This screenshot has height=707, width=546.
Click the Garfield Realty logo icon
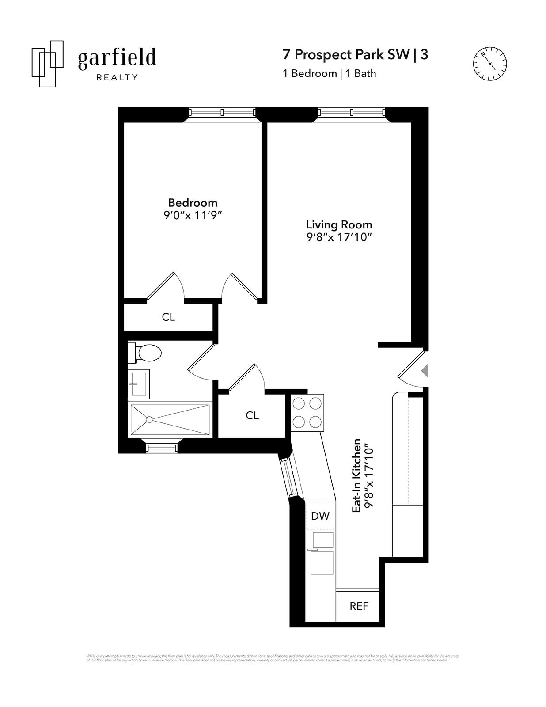[47, 64]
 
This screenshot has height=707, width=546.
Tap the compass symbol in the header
[490, 64]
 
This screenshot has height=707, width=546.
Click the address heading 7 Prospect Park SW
[346, 54]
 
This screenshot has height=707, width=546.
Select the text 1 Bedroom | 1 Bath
[329, 73]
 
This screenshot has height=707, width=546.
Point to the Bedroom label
[193, 203]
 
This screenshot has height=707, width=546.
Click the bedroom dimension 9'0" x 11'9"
[193, 216]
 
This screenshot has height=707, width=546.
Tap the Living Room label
[339, 224]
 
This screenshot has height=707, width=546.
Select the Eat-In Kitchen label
[356, 475]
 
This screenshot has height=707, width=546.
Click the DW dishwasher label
[320, 516]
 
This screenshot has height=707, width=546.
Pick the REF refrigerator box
[358, 606]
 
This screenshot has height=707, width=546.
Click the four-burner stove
[307, 413]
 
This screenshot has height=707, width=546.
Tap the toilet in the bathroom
[146, 353]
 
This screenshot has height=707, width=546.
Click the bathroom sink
[139, 384]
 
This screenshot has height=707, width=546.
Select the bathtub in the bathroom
[170, 419]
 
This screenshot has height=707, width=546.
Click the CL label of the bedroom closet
[168, 317]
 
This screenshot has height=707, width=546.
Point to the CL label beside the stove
[252, 415]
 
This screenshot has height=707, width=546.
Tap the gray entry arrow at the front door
[425, 370]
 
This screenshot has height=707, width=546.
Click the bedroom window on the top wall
[222, 112]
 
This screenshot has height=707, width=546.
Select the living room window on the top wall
[352, 112]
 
